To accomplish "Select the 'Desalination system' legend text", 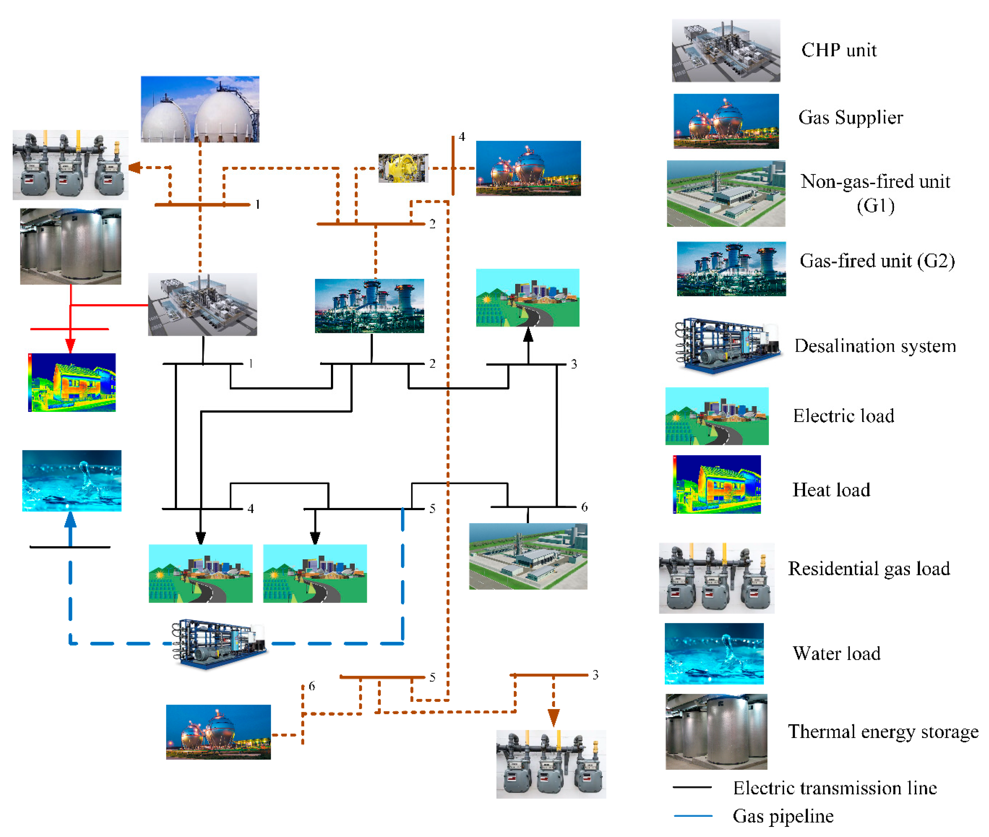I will [875, 346].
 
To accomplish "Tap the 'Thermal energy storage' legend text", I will [883, 732].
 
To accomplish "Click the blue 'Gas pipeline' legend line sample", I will [693, 816].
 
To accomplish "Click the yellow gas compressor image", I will [403, 168].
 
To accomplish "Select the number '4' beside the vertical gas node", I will [462, 137].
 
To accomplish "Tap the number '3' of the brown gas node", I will [595, 675].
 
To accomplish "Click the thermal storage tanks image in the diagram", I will [71, 246].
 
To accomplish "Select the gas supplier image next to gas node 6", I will [218, 732].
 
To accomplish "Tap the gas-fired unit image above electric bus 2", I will [369, 306].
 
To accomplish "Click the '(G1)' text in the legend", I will [875, 206].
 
